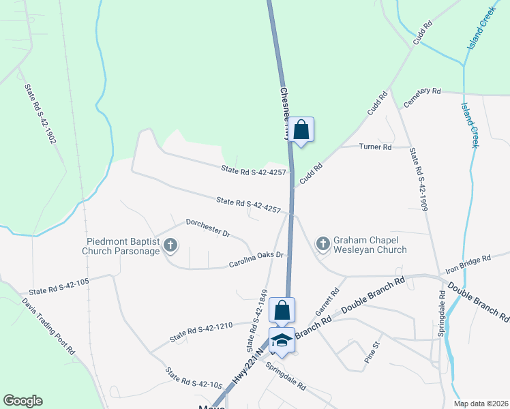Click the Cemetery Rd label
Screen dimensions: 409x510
[x=423, y=97]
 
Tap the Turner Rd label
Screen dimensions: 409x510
[x=376, y=147]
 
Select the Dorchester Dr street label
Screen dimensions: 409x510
[x=208, y=227]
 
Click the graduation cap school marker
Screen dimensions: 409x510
[x=282, y=339]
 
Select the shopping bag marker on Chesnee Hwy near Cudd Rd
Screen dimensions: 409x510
[x=301, y=130]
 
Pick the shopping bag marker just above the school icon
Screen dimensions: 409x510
[x=282, y=310]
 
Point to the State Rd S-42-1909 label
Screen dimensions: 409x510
[x=418, y=179]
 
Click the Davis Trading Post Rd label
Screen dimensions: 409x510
[x=48, y=325]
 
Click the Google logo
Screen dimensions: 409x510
[x=22, y=401]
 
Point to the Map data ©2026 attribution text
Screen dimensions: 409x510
[x=481, y=404]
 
